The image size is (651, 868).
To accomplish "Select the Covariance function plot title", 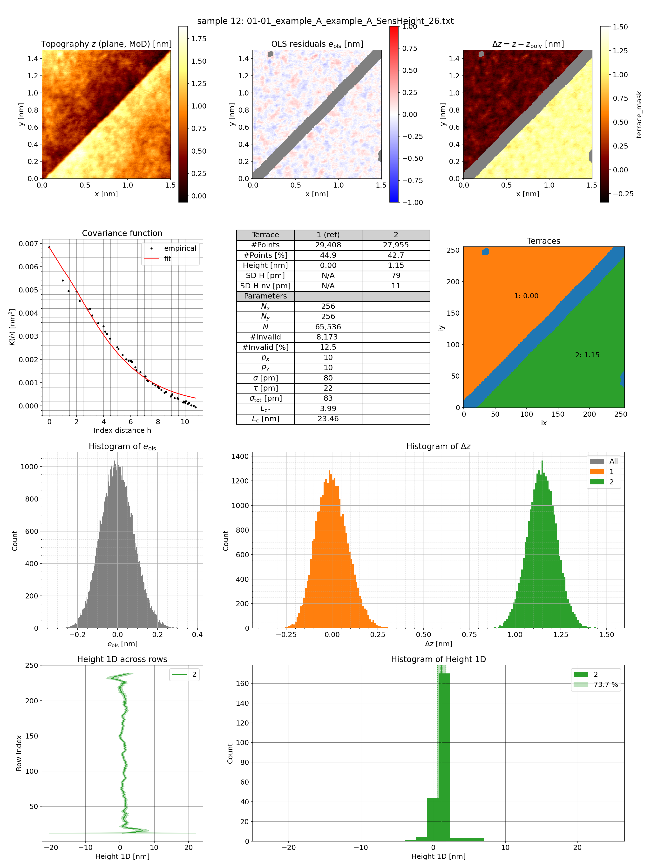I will (x=122, y=233).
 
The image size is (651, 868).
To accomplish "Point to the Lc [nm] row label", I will (x=265, y=419).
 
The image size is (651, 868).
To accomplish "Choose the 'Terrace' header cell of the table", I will (x=265, y=235).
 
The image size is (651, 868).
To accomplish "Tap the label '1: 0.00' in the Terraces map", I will (x=526, y=296).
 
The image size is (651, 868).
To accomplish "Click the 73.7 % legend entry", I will (x=605, y=684).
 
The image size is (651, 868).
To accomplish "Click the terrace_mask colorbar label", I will (x=639, y=115).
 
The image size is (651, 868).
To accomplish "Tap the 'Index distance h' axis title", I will (x=122, y=430).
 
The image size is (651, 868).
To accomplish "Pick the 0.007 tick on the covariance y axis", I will (x=29, y=244).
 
